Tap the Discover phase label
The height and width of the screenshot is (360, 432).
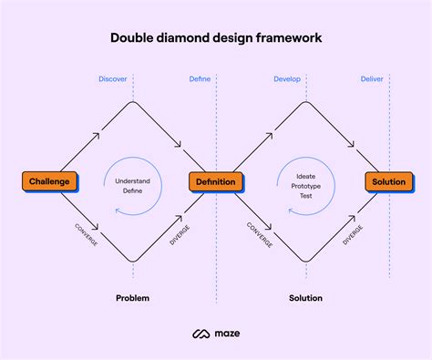(113, 79)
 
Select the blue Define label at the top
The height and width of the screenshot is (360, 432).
(200, 79)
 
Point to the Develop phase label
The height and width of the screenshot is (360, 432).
(287, 79)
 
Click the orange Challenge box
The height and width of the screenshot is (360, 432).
(49, 181)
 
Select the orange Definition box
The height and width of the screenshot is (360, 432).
(215, 181)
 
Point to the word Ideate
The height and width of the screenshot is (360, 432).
(306, 175)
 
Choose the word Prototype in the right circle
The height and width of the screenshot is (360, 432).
(306, 185)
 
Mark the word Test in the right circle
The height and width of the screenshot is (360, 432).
(306, 195)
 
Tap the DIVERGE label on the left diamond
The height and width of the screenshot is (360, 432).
(180, 232)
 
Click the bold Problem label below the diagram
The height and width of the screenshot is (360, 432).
(133, 298)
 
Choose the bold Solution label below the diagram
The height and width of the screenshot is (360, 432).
(305, 298)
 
